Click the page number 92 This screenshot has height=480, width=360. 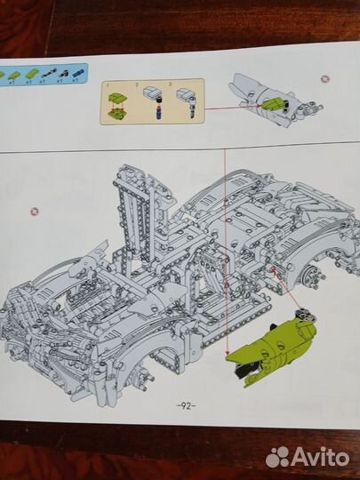point(185,405)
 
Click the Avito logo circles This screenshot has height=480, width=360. point(278,456)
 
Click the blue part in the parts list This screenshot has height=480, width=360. point(78,70)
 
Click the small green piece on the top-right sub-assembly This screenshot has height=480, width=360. point(272,106)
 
